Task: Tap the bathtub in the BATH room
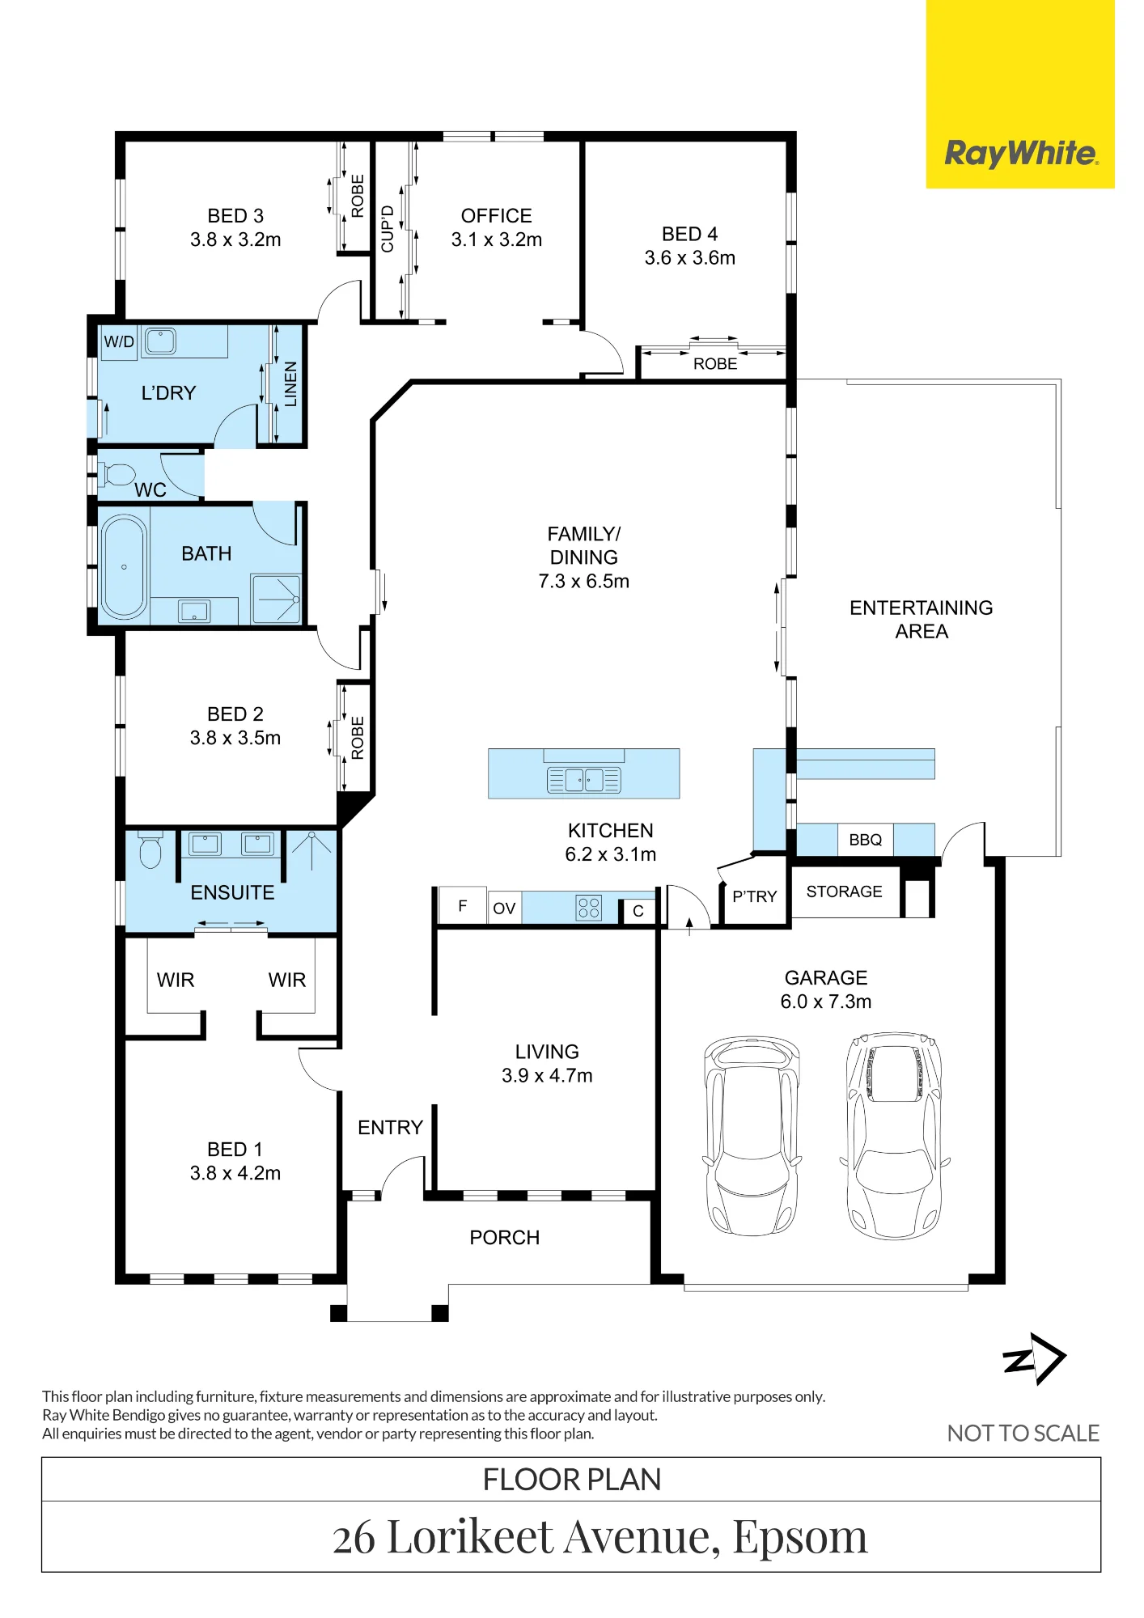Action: click(124, 566)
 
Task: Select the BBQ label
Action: click(865, 840)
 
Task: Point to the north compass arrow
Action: click(1035, 1359)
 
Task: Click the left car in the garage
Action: click(751, 1135)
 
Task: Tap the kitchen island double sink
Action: click(584, 780)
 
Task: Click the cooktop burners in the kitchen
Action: click(589, 908)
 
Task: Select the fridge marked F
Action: click(463, 905)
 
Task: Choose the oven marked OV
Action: click(504, 908)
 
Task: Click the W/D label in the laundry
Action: click(119, 341)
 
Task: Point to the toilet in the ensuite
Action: click(150, 849)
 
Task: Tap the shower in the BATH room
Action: click(276, 599)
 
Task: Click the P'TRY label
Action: click(755, 896)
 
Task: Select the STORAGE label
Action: click(844, 892)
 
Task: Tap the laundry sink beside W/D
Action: click(160, 341)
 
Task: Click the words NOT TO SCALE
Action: click(1023, 1434)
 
